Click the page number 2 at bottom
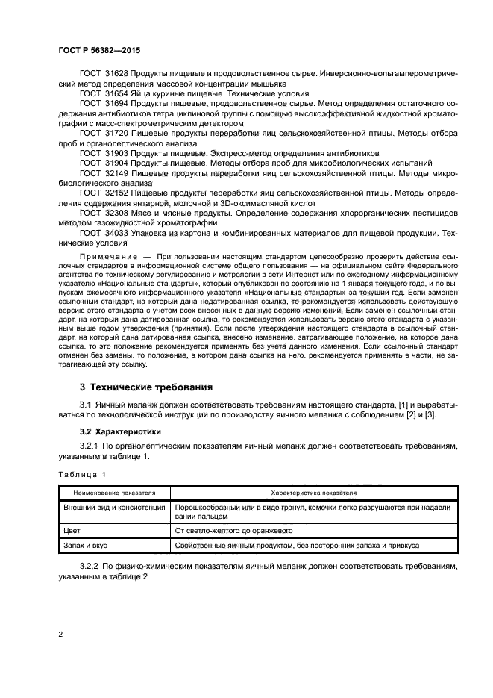coord(61,635)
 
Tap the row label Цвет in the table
coord(71,530)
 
